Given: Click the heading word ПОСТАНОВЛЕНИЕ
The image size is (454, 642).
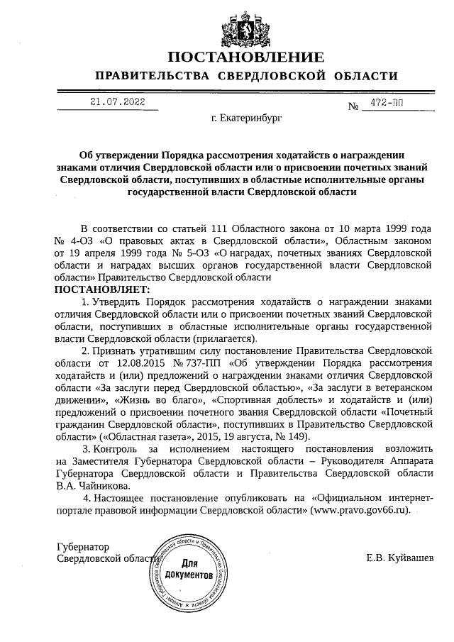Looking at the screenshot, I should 246,57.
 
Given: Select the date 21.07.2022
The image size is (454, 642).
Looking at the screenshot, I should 117,102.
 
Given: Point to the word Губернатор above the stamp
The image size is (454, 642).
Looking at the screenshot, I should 85,546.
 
